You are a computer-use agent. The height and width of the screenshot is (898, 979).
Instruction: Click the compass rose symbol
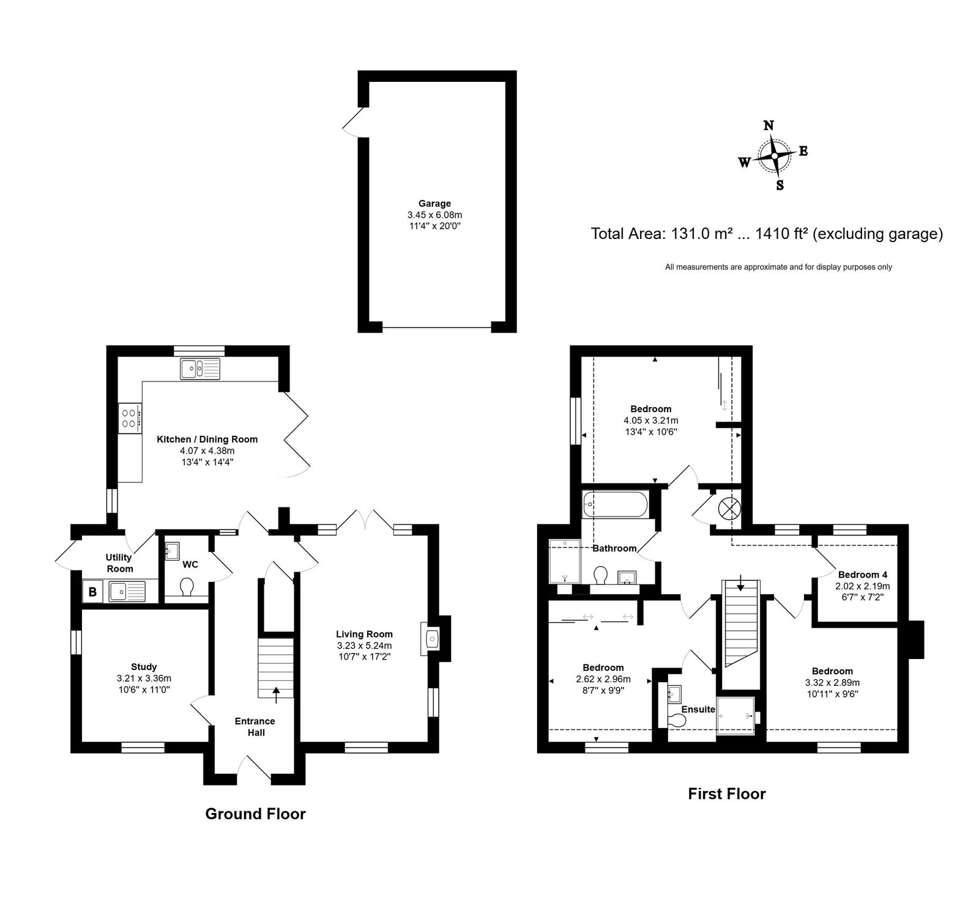(775, 156)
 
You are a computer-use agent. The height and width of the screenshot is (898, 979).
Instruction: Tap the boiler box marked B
(92, 592)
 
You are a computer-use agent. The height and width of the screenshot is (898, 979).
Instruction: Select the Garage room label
(434, 204)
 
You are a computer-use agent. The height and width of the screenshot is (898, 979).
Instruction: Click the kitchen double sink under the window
(200, 369)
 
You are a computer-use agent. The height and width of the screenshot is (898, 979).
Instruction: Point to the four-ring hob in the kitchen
(130, 418)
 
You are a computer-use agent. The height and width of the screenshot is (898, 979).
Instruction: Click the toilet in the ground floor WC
(187, 587)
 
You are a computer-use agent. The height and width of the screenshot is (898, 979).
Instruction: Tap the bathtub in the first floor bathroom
(615, 505)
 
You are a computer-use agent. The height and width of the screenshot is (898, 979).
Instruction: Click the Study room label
(144, 667)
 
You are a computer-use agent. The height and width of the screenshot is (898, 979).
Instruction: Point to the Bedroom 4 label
(862, 575)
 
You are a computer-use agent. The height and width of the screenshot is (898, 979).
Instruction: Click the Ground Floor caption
(255, 814)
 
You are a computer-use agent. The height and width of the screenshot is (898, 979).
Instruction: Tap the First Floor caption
(727, 793)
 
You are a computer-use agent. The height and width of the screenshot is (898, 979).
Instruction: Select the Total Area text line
(767, 234)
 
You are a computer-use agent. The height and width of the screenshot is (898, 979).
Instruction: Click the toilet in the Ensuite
(677, 721)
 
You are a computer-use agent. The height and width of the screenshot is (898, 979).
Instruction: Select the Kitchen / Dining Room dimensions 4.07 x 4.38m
(207, 451)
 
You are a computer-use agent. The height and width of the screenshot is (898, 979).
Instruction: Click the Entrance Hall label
(256, 727)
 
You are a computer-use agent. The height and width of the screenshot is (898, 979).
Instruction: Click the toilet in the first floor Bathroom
(600, 575)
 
